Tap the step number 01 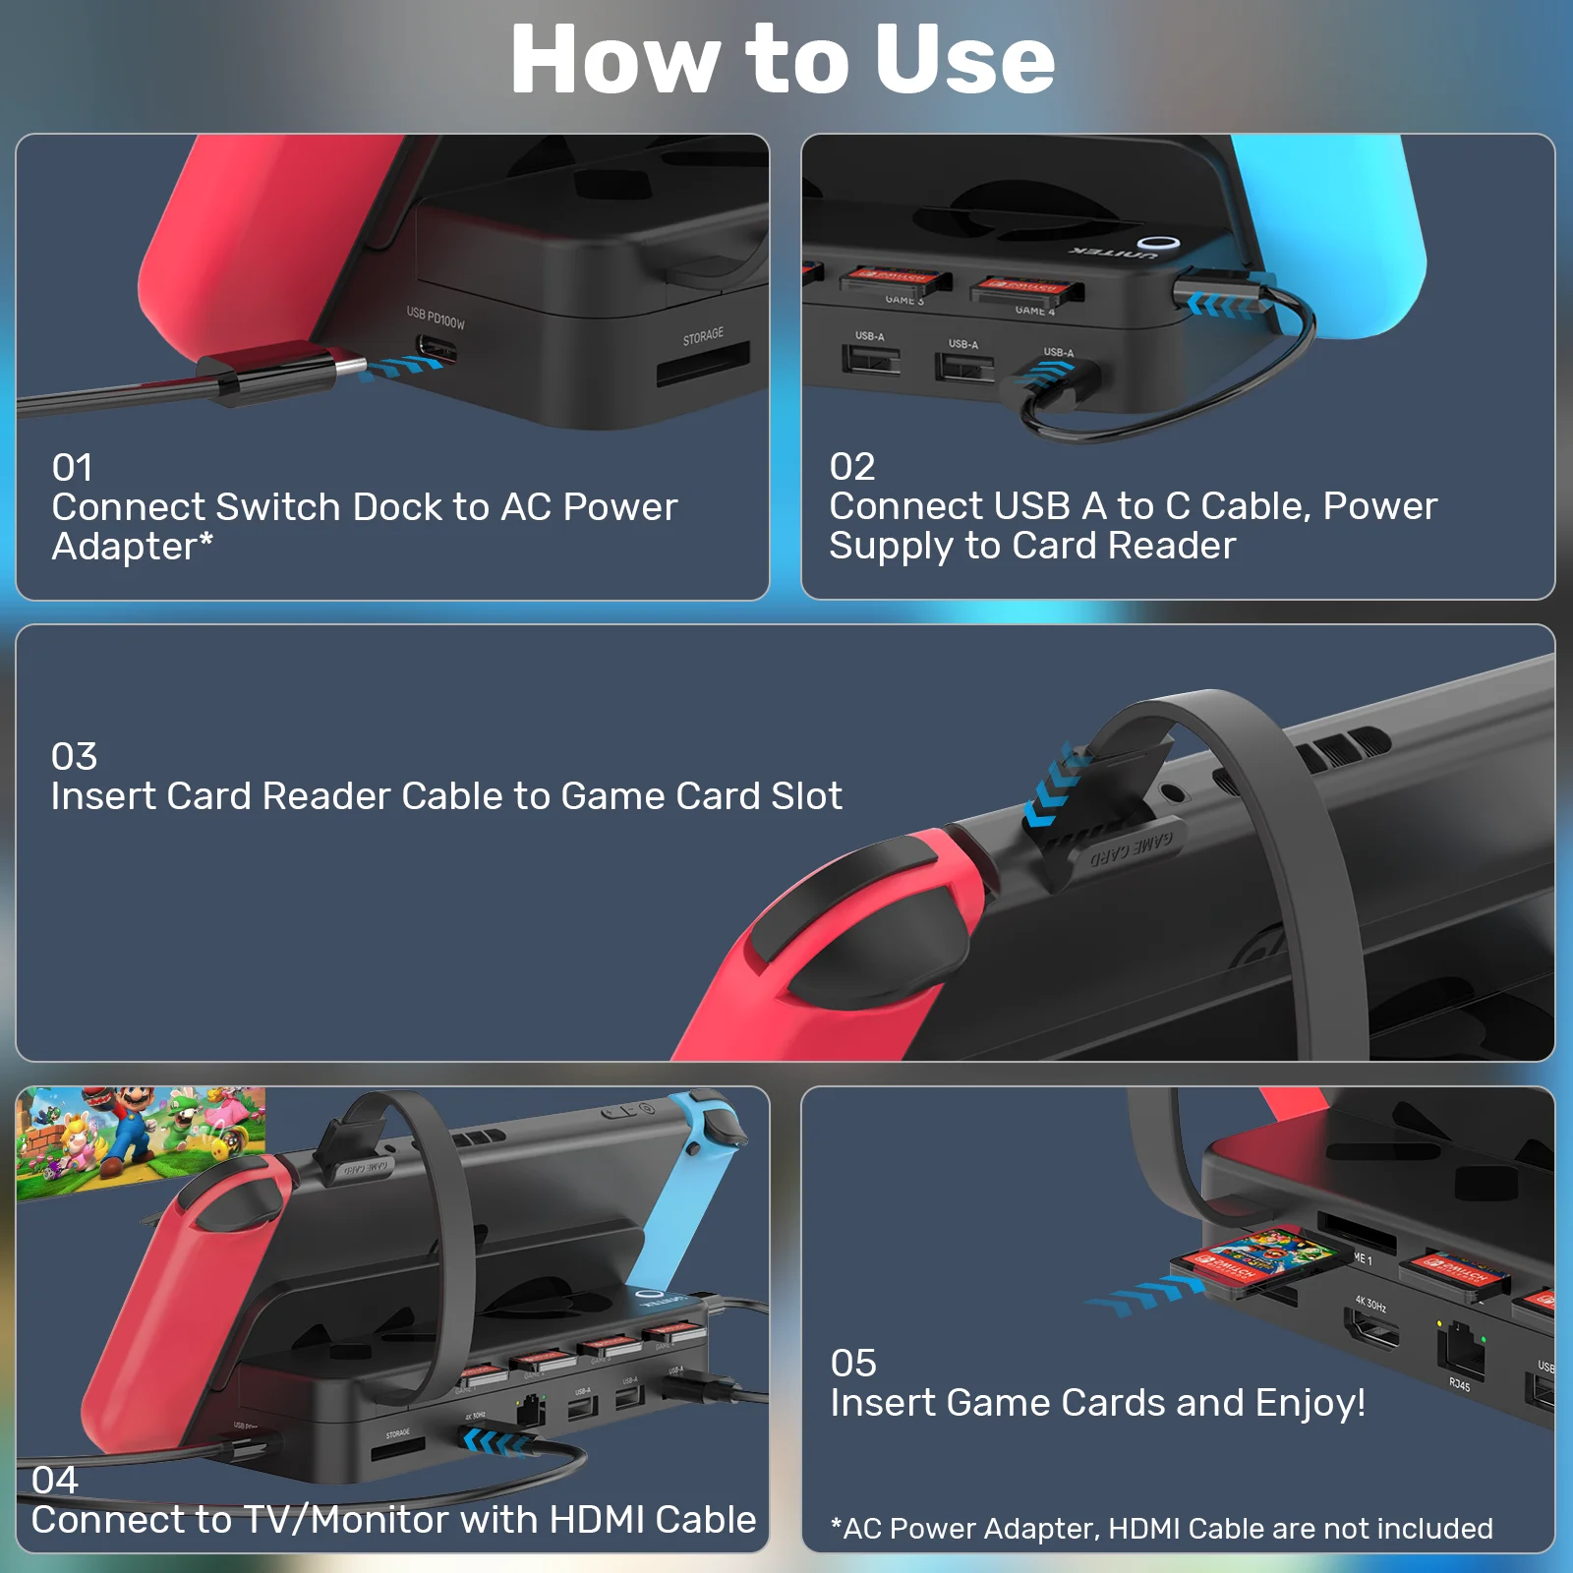click(72, 468)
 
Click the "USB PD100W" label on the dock click(436, 318)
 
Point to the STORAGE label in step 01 click(703, 336)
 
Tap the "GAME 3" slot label click(903, 300)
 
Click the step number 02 click(851, 467)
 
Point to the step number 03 click(74, 757)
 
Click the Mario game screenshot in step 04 click(141, 1140)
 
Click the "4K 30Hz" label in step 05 click(1370, 1305)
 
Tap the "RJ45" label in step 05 click(1459, 1384)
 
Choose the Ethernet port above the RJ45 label click(1461, 1349)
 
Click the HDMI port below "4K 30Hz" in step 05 click(1372, 1332)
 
